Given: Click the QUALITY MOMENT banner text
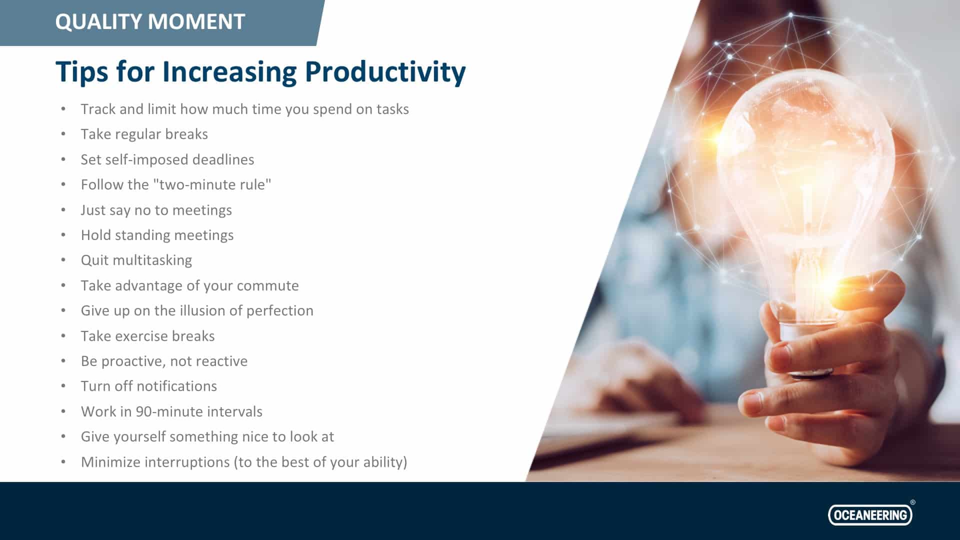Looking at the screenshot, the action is (150, 22).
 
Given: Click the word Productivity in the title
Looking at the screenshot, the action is (385, 72).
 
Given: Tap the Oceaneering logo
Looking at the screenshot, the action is (870, 515).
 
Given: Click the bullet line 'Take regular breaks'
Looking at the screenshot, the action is (144, 134).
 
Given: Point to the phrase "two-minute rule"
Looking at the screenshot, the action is (212, 184).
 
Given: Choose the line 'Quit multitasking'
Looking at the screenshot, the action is (136, 260).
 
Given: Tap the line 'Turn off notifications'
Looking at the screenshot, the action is (149, 386).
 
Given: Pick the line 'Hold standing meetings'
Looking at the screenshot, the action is (157, 235).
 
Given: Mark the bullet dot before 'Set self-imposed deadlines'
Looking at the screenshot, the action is (63, 159).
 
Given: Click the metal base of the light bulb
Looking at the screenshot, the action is (805, 345).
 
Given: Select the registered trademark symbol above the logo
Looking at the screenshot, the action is (912, 502).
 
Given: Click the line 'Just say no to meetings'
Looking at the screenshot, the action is (156, 210).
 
